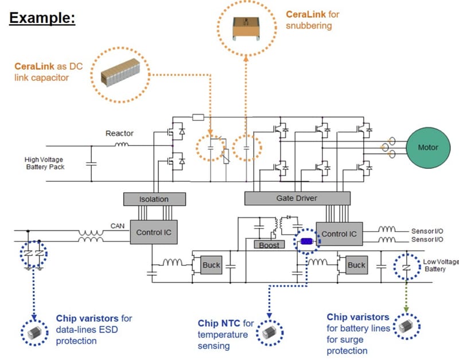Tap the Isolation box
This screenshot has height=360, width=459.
click(x=154, y=199)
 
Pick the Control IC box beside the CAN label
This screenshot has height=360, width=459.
click(x=153, y=232)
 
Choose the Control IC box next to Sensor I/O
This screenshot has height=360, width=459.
click(x=339, y=234)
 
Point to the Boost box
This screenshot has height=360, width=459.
click(x=269, y=245)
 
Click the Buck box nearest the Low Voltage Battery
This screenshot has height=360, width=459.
click(x=356, y=265)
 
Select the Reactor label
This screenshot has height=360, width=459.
click(x=119, y=133)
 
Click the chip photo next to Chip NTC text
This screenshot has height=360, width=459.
click(x=268, y=332)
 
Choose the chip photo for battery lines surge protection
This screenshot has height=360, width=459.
click(x=406, y=326)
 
